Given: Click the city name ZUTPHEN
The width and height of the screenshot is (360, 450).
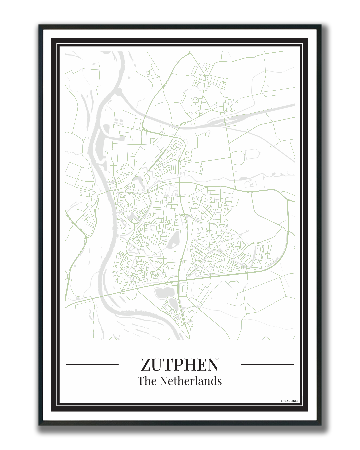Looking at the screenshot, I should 180,364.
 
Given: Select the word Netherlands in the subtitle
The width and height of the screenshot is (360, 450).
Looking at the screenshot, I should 191,381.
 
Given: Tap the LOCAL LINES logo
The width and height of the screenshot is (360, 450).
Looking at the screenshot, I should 290,401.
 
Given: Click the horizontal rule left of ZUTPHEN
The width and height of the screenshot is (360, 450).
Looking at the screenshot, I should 92,364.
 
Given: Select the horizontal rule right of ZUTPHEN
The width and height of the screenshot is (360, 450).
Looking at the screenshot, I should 267,364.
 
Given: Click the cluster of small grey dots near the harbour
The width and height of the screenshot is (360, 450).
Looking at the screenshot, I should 119,122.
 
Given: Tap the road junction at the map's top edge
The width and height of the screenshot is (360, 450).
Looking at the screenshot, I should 190,53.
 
